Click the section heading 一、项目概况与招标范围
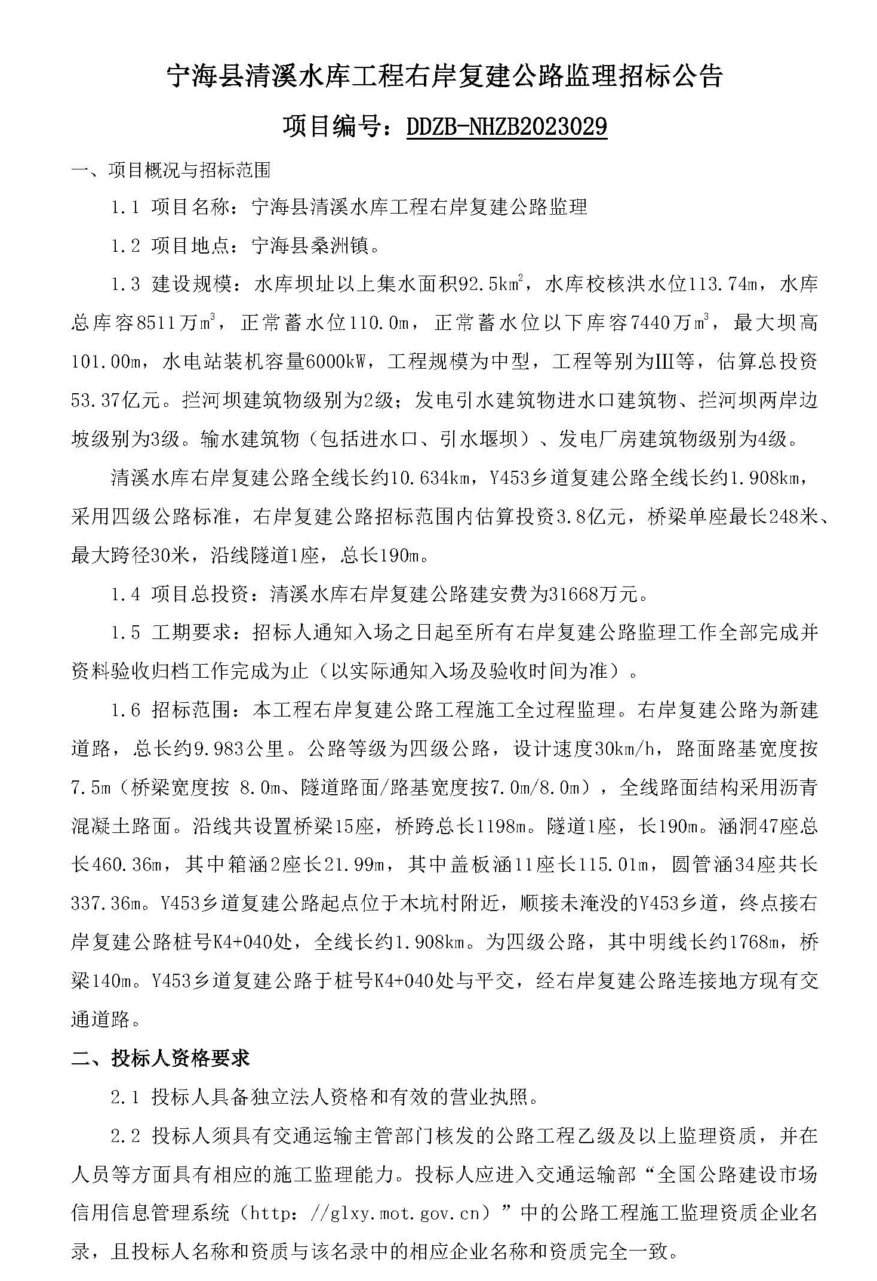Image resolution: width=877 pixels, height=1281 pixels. click(x=171, y=171)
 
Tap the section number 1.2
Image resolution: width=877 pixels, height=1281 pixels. click(x=125, y=246)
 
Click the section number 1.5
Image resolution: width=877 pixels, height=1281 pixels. click(x=125, y=632)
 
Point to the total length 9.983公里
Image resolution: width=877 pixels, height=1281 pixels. click(x=239, y=748)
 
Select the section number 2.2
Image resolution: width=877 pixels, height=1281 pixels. click(x=125, y=1135)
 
